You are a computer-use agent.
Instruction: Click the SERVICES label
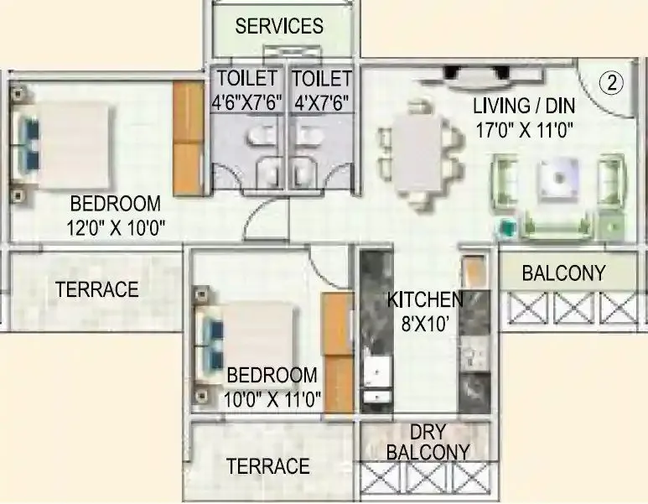(x=279, y=25)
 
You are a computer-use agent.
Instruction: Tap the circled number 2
(x=613, y=82)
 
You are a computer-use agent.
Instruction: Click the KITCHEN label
(x=424, y=299)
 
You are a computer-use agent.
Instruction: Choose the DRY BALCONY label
(x=428, y=442)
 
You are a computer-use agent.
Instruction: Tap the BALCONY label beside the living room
(x=563, y=273)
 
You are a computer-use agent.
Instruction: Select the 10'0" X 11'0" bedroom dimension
(x=273, y=399)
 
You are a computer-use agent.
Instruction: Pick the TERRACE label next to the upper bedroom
(x=96, y=289)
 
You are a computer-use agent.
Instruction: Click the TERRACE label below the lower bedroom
(x=268, y=465)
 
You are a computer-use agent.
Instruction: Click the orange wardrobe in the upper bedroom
(x=189, y=139)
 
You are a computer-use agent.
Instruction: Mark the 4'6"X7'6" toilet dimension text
(x=247, y=103)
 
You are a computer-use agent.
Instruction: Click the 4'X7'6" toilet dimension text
(x=321, y=103)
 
